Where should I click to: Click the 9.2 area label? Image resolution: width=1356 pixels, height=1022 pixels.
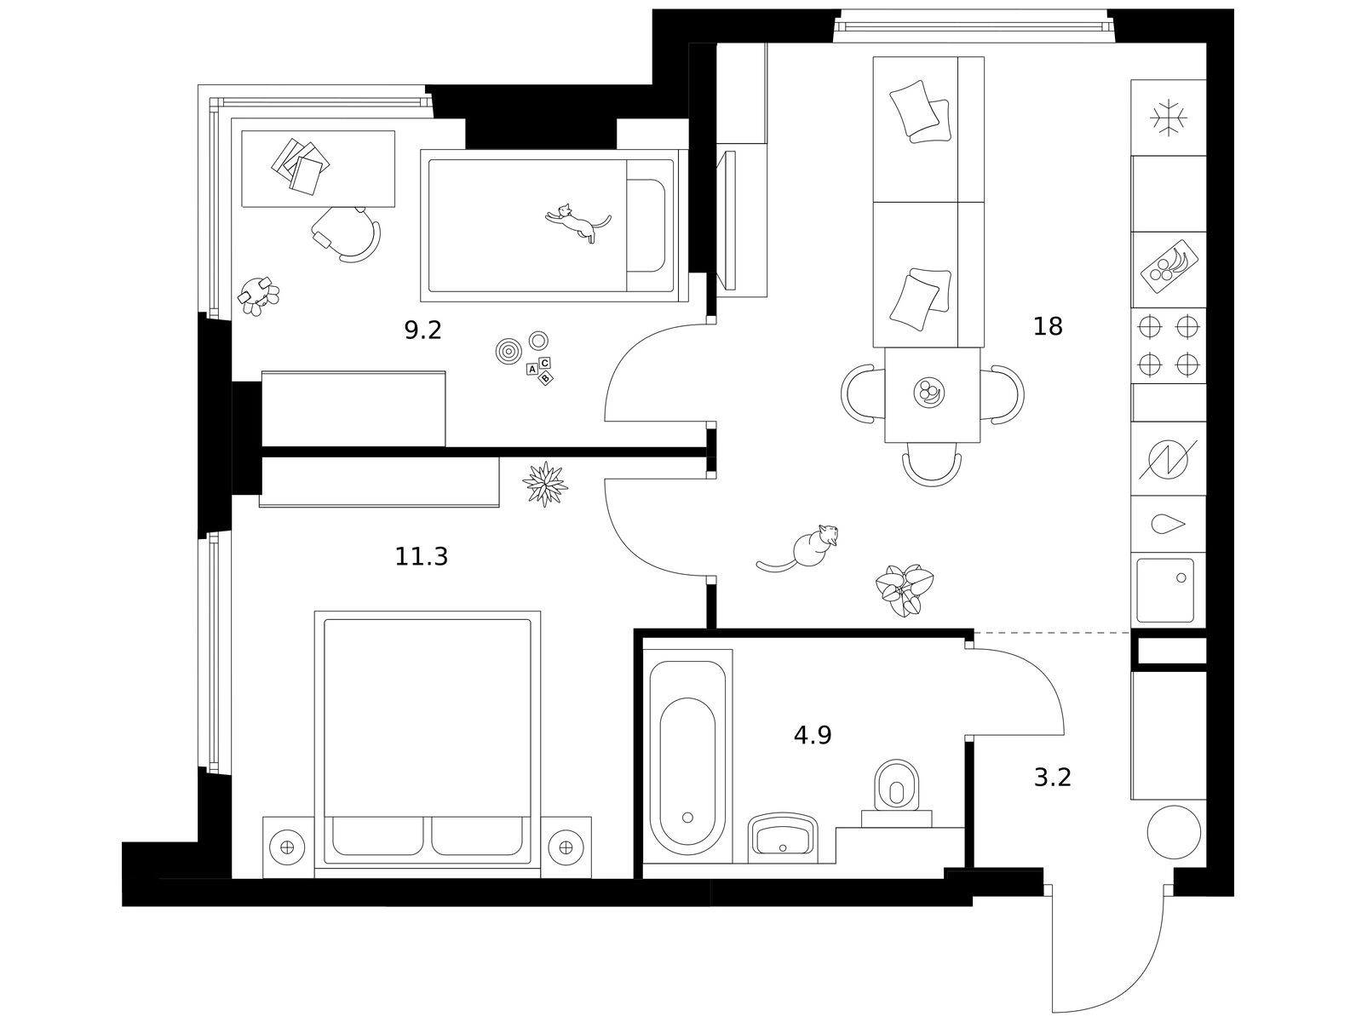click(422, 330)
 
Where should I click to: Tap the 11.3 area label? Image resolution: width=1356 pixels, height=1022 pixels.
click(421, 557)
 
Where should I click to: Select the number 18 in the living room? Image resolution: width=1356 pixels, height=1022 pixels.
click(1048, 326)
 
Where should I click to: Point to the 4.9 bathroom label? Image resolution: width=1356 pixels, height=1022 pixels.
click(812, 735)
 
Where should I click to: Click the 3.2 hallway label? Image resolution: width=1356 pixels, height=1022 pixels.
click(1052, 778)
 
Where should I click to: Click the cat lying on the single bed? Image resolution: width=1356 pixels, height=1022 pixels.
click(577, 222)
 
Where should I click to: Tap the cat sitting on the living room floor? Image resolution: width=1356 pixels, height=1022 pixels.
click(805, 548)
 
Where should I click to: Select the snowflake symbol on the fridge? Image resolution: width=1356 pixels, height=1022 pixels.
click(1169, 118)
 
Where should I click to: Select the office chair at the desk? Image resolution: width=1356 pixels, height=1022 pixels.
click(348, 232)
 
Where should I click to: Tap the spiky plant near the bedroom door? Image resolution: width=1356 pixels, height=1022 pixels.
click(543, 485)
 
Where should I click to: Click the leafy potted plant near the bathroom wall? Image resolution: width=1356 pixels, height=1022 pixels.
click(904, 589)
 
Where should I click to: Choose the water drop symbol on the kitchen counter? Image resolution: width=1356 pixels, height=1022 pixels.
click(1167, 524)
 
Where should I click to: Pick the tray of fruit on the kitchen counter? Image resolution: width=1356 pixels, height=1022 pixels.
click(1169, 263)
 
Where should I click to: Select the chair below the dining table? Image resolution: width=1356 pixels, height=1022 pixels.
click(932, 467)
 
